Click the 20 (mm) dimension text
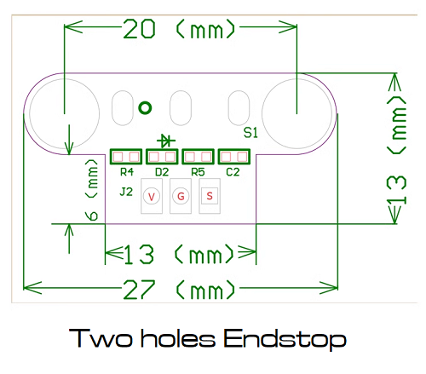tap(180, 28)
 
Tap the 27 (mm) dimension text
tap(180, 290)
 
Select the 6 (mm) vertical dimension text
tap(92, 190)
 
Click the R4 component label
tap(127, 172)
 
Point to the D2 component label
tap(162, 172)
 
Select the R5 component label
tap(198, 172)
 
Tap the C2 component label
tap(233, 172)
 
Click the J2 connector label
tap(126, 192)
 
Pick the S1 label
tap(250, 133)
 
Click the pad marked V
tap(152, 196)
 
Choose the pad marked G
tap(181, 196)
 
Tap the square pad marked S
tap(210, 196)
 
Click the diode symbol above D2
tap(166, 141)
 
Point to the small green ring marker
tap(145, 108)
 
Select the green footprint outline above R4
tap(126, 157)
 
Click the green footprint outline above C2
tap(234, 157)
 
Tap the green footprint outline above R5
tap(198, 157)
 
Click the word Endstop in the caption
tap(285, 339)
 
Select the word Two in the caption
tap(101, 338)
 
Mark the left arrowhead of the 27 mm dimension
tap(32, 288)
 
